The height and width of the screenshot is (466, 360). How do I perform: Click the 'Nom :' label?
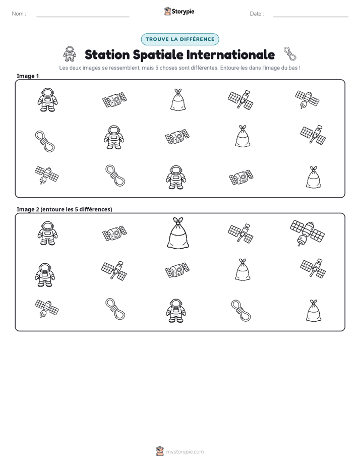[x=19, y=14]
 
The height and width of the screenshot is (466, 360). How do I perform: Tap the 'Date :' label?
[x=257, y=14]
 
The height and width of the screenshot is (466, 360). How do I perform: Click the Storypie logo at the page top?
[x=179, y=11]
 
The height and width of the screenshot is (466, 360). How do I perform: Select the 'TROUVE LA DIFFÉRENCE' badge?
[x=180, y=39]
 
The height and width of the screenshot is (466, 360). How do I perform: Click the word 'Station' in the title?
[x=107, y=54]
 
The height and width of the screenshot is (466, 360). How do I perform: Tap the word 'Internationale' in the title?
[x=230, y=54]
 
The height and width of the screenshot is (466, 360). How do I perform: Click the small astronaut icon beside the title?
[x=70, y=54]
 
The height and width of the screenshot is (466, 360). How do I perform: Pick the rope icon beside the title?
[x=290, y=54]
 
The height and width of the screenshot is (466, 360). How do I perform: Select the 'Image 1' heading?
[x=28, y=76]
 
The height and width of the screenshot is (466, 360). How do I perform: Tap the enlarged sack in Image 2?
[x=178, y=232]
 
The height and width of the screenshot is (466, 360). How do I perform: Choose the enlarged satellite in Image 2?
[x=307, y=232]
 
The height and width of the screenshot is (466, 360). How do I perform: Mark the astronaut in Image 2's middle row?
[x=45, y=274]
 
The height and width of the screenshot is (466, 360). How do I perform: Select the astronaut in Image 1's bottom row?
[x=176, y=178]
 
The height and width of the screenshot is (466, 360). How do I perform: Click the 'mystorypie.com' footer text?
[x=185, y=452]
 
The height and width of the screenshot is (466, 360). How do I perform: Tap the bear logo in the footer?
[x=160, y=451]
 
